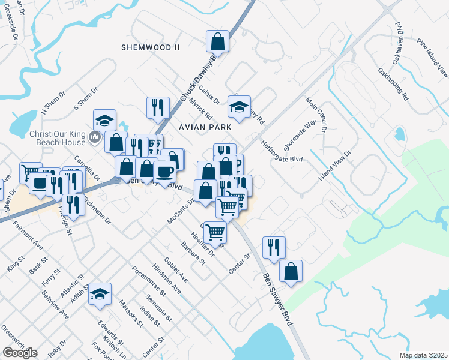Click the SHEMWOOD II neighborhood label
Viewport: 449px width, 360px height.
click(151, 47)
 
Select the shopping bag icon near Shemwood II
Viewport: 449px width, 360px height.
click(217, 41)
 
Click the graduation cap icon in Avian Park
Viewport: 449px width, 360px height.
click(239, 107)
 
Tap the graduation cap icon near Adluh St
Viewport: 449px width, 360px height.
click(100, 294)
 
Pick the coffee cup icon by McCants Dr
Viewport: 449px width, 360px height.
click(164, 171)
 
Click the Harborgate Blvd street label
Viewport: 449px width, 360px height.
click(280, 151)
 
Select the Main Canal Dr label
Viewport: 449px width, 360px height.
click(316, 115)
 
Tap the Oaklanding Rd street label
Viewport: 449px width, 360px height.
click(393, 84)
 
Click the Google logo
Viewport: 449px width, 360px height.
click(20, 353)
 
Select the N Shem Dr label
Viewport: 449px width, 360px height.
click(52, 106)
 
